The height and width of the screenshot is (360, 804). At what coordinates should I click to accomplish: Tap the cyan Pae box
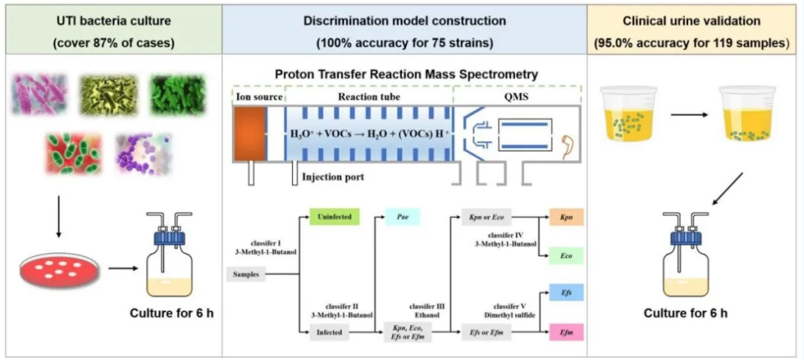(x=403, y=218)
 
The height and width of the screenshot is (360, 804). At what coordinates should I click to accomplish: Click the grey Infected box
(x=330, y=331)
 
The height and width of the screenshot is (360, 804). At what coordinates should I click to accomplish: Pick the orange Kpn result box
(x=567, y=218)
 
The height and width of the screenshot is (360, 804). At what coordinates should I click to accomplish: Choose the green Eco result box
(x=567, y=256)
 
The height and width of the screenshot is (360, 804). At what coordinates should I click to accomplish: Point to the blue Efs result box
(x=567, y=293)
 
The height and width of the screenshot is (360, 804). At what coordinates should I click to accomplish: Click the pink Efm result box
(x=567, y=331)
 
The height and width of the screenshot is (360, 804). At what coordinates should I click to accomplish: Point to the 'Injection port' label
(x=333, y=178)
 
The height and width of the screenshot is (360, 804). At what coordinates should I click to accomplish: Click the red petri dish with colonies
(x=60, y=268)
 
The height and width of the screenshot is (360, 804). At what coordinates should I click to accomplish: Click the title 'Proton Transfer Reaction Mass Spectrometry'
(x=407, y=75)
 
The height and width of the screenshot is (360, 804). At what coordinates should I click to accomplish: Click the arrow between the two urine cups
(x=687, y=117)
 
